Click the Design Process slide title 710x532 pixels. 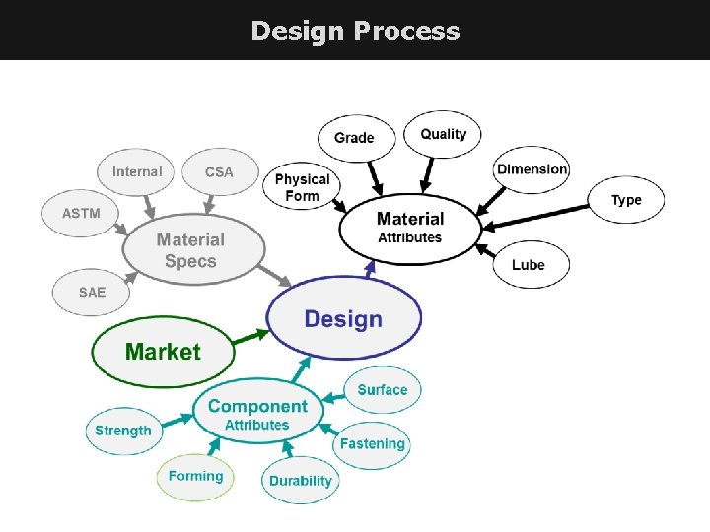coord(355,32)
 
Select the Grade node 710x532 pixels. coord(355,137)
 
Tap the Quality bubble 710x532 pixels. coord(443,134)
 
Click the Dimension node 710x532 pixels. coord(532,169)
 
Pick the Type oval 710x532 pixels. coord(626,200)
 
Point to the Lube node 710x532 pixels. coord(529,264)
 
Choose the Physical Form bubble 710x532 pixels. coord(302,186)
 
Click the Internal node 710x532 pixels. coord(136,171)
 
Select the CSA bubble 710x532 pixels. coord(219,171)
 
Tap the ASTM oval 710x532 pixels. coord(81,213)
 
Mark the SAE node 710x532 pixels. coord(92,293)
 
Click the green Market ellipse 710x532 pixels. coord(163,352)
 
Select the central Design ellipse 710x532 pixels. coord(343,318)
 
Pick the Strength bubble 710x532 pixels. coord(123,431)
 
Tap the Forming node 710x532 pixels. coord(195,477)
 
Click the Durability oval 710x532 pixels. coord(301,481)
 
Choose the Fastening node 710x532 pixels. coord(373,444)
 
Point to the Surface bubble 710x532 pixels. coord(383,390)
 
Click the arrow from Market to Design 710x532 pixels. coord(250,338)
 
